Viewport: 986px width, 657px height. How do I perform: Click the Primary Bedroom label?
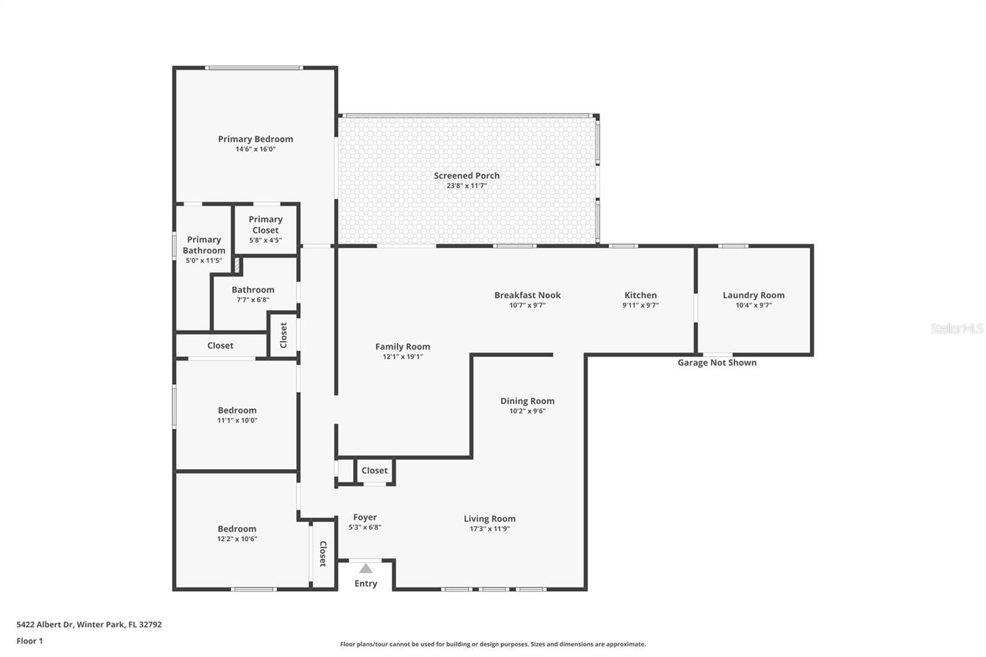[255, 139]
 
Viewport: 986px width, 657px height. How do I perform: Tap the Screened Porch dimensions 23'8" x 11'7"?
[467, 186]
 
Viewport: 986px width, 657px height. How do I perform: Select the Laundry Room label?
[753, 295]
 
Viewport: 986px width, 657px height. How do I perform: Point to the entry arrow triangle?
[366, 568]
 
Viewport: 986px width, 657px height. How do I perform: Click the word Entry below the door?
[365, 584]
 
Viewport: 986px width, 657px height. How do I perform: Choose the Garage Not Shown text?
[717, 362]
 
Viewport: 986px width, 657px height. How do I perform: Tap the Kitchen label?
[640, 295]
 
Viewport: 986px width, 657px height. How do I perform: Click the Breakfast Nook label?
[527, 295]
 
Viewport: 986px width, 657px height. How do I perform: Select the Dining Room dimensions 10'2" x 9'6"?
[527, 411]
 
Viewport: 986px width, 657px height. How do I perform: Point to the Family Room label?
[402, 347]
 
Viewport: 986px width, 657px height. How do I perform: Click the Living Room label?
[489, 519]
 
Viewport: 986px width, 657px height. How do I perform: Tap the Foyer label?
[365, 518]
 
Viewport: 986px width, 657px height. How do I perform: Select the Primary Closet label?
[265, 224]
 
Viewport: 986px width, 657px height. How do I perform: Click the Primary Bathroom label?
[203, 245]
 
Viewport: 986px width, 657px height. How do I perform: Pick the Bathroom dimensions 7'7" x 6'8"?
[253, 300]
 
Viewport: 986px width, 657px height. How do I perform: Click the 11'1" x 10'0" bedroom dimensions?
[237, 420]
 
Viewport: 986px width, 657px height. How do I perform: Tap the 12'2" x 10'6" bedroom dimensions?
[237, 539]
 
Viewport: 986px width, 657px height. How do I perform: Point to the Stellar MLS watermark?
[956, 328]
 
